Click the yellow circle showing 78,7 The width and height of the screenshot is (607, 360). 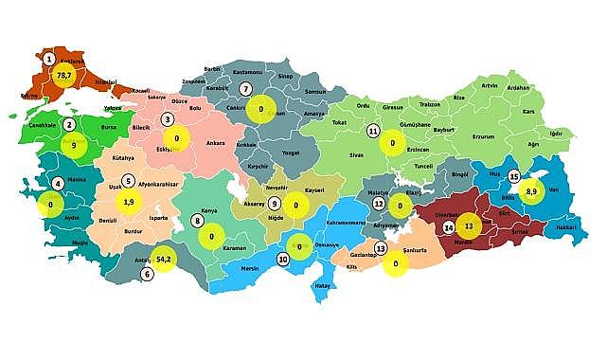[64, 74]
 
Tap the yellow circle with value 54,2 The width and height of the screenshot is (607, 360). [163, 258]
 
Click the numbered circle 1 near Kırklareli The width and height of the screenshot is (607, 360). [48, 59]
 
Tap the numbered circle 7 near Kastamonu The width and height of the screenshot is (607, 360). [245, 89]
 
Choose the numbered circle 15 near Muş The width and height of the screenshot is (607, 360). [514, 176]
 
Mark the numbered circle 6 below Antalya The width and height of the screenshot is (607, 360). [147, 275]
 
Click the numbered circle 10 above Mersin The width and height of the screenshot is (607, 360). [282, 259]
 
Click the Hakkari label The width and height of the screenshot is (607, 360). [564, 227]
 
